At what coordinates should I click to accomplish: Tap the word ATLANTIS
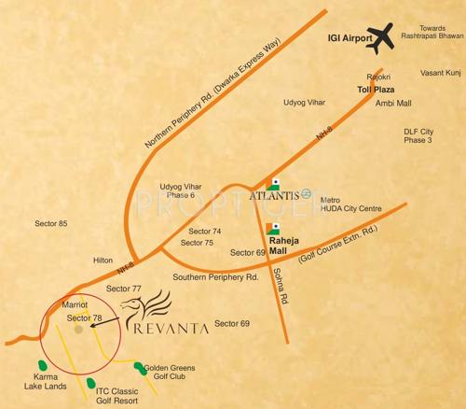pos(275,195)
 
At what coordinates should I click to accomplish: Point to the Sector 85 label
pos(51,224)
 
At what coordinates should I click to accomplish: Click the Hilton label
pos(103,260)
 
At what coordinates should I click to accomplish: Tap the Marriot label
pos(74,304)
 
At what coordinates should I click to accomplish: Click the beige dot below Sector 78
pos(79,329)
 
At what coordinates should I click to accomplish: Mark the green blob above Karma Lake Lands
pos(40,363)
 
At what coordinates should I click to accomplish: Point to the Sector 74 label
pos(205,231)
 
